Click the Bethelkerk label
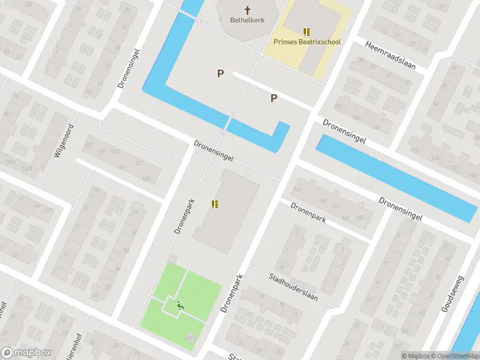coord(247,20)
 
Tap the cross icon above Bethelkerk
coord(247,10)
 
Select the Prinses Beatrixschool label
coord(306,42)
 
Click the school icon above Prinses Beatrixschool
coord(307,32)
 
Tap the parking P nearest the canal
coord(220,73)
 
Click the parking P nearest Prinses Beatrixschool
coord(274,98)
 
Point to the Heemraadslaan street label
coord(390,53)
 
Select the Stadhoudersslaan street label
coord(293,287)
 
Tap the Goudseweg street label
coord(453,294)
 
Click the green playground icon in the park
coord(179,305)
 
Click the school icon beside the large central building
coord(215,205)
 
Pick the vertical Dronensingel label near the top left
coord(129,69)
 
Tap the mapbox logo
coord(26,353)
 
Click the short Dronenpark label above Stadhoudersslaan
coord(308,212)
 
